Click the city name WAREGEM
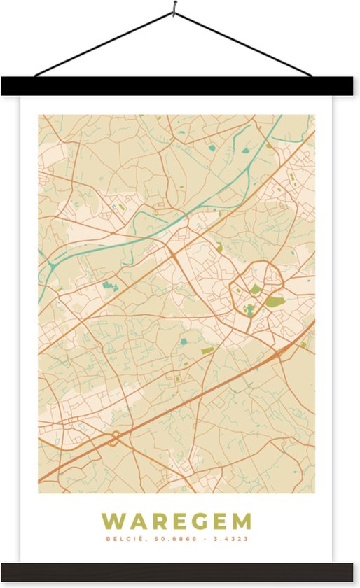coord(176,521)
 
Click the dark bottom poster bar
coord(180,571)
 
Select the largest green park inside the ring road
coord(274,302)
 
